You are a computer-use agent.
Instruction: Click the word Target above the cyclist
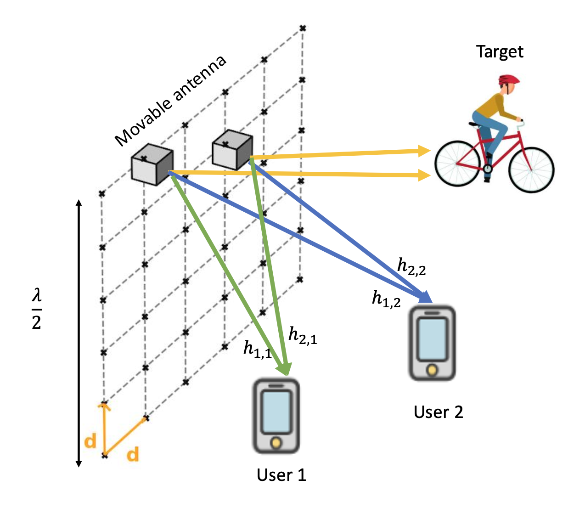pos(500,51)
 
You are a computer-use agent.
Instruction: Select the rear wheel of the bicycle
pos(457,163)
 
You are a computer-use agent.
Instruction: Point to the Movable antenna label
pos(170,101)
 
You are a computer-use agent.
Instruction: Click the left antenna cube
pos(152,164)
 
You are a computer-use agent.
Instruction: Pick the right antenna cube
pos(232,150)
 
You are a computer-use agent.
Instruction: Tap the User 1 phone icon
pos(276,416)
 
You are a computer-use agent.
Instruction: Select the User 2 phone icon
pos(432,343)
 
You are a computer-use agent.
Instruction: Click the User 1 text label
pos(281,475)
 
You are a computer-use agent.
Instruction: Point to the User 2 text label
pos(438,412)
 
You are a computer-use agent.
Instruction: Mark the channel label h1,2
pos(386,299)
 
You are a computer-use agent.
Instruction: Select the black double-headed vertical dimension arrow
pos(79,333)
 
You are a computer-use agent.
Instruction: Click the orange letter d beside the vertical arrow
pos(90,441)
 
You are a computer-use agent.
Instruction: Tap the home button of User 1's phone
pos(276,443)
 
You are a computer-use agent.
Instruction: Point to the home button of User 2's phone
pos(432,370)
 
